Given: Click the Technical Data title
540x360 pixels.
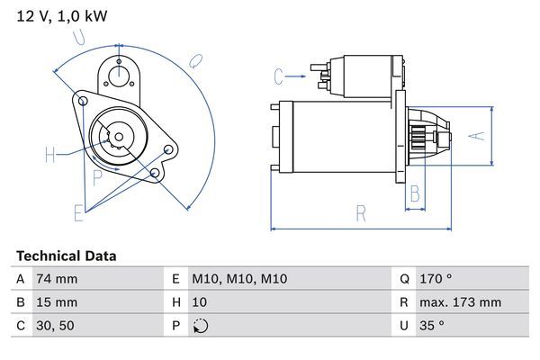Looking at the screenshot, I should click(x=66, y=256).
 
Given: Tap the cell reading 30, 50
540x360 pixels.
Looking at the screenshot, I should click(x=53, y=326).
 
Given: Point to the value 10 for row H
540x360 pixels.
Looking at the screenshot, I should click(x=201, y=302).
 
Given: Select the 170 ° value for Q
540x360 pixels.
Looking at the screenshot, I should click(x=436, y=279).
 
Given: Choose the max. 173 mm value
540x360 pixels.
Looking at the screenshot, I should click(x=463, y=302).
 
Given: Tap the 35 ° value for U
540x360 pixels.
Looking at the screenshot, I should click(x=431, y=326).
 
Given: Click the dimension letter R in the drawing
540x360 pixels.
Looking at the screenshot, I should click(x=360, y=214).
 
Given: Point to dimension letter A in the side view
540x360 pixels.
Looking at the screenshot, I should click(x=479, y=136).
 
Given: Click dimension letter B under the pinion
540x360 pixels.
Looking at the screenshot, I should click(x=415, y=193).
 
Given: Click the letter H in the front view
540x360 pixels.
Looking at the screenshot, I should click(x=49, y=155).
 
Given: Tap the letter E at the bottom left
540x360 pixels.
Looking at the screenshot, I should click(x=78, y=212).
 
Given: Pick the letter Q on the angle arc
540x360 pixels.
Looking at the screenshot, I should click(x=195, y=60).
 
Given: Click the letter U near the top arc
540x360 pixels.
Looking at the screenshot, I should click(x=80, y=37).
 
